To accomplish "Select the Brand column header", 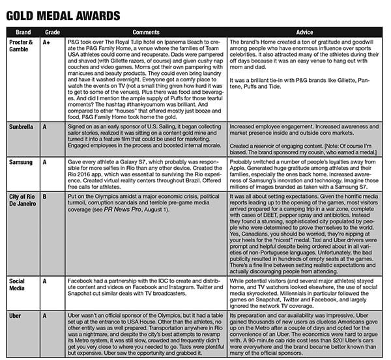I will pos(20,31).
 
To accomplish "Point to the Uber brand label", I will pos(15,316).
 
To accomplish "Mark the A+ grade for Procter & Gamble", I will pos(46,41).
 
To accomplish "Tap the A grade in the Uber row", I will pos(44,316).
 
